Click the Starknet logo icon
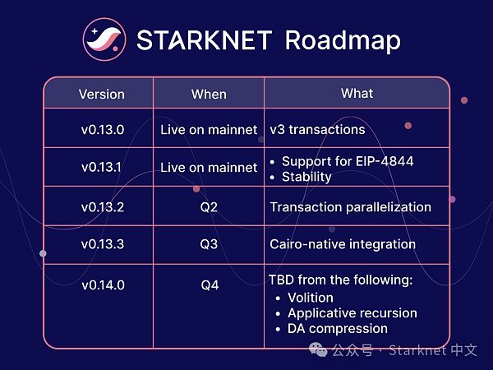point(105,39)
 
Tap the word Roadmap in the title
point(343,40)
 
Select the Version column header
point(101,94)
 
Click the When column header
point(209,94)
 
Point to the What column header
point(357,93)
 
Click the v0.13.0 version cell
point(101,129)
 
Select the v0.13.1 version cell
point(101,167)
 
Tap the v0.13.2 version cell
point(102,206)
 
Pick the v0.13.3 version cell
point(102,244)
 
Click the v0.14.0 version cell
point(102,284)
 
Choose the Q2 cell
point(209,206)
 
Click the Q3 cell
point(209,244)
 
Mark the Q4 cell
point(209,284)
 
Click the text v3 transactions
point(317,130)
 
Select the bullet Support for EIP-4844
point(348,161)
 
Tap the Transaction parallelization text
point(350,206)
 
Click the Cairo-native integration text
point(343,244)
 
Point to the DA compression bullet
point(338,328)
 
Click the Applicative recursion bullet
point(352,312)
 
